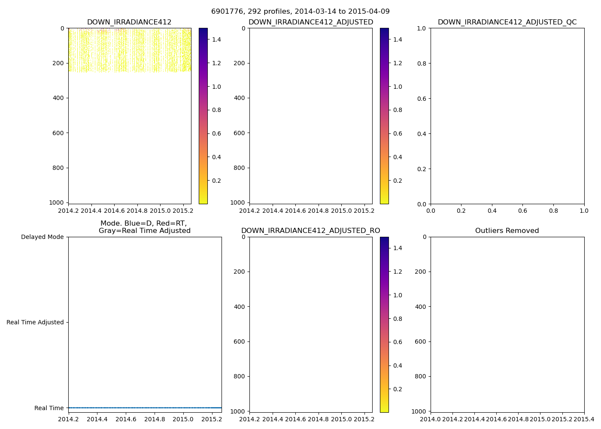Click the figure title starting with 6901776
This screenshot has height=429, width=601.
pos(300,12)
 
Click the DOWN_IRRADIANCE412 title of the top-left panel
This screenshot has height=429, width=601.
pos(129,22)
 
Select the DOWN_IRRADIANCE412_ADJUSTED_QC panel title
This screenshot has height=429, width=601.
pos(507,22)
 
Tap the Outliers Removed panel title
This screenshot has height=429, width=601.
pos(507,231)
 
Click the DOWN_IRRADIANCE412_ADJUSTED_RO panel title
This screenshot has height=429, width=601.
pos(310,231)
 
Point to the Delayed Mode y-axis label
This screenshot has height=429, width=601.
pos(42,237)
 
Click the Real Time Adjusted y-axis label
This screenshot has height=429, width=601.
pos(35,322)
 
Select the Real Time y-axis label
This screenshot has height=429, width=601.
pos(49,408)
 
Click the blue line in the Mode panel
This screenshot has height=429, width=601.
pos(145,408)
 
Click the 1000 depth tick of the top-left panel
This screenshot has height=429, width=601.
pos(59,202)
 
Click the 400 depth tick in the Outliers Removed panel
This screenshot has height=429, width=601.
pos(421,307)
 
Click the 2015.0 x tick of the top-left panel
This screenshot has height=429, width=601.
pos(160,211)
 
